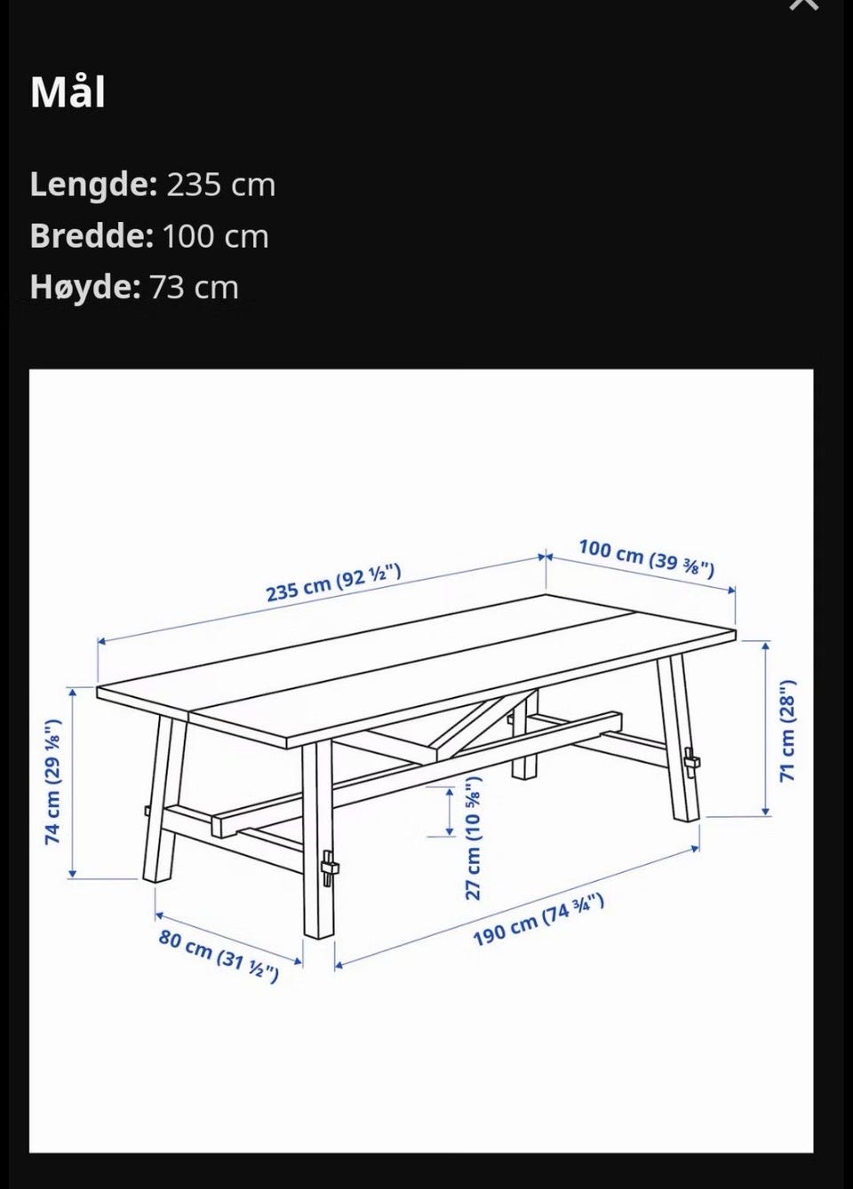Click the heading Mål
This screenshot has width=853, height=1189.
tap(68, 92)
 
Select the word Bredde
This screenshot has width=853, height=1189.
tap(92, 235)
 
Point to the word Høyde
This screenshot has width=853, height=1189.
tap(85, 288)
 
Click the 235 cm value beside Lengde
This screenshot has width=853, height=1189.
tap(221, 185)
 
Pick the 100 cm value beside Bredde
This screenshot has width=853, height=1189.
tap(215, 236)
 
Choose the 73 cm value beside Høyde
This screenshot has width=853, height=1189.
tap(194, 288)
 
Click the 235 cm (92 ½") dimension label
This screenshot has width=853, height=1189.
tap(333, 583)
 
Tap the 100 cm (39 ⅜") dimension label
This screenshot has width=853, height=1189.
tap(646, 558)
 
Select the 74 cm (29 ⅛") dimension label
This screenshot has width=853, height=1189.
tap(52, 782)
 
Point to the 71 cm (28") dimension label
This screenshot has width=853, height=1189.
tap(788, 730)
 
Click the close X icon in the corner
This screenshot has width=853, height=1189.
tap(804, 4)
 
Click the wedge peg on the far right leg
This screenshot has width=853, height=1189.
tap(691, 763)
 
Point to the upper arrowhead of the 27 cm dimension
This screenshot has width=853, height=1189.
tap(450, 792)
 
